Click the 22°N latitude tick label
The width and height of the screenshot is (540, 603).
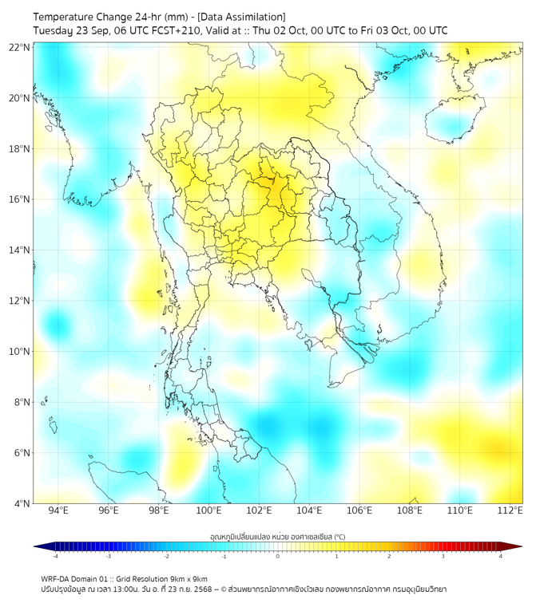19,47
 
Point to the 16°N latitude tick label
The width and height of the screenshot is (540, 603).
19,199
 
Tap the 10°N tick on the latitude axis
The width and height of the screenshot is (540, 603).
19,352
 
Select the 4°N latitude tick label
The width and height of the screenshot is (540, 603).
22,503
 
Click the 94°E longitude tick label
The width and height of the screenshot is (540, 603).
58,510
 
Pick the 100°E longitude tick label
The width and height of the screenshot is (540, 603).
209,510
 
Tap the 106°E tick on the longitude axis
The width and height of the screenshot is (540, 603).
360,510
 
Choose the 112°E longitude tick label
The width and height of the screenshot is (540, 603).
510,510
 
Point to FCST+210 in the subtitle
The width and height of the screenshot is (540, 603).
172,30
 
